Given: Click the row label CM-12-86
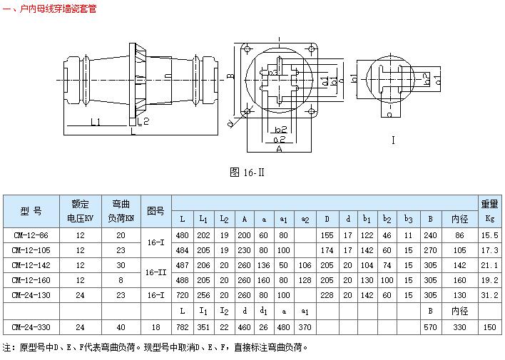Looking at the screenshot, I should point(31,235).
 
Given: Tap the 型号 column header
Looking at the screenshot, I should point(31,211).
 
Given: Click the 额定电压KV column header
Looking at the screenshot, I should point(80,211).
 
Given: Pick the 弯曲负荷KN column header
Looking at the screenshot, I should point(120,211).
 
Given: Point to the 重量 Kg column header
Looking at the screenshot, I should point(489,211).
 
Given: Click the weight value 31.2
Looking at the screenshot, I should point(489,294).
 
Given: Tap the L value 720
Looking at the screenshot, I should point(182,294).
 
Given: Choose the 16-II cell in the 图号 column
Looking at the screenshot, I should point(155,272).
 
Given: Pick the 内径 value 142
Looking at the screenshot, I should point(459,264).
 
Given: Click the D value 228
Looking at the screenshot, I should point(327,294).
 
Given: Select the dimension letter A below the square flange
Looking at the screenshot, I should point(279,150).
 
